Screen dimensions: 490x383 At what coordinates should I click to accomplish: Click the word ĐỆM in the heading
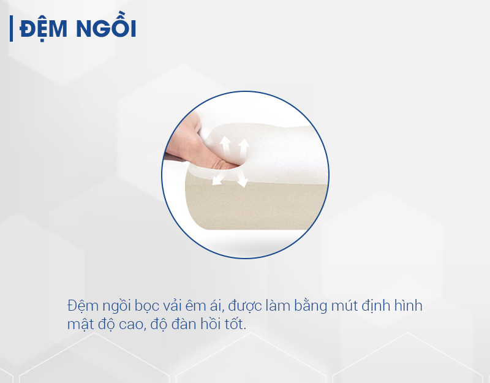pyautogui.click(x=43, y=29)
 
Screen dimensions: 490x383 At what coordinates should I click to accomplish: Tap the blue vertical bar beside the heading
pyautogui.click(x=11, y=28)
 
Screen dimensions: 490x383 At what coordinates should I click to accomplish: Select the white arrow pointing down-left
pyautogui.click(x=219, y=178)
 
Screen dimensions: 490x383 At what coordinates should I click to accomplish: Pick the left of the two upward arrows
pyautogui.click(x=225, y=146)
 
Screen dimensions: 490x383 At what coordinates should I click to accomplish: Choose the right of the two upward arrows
pyautogui.click(x=243, y=148)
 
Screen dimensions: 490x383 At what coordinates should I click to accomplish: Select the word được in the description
pyautogui.click(x=245, y=306)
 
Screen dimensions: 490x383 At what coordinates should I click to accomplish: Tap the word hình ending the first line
pyautogui.click(x=409, y=305)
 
